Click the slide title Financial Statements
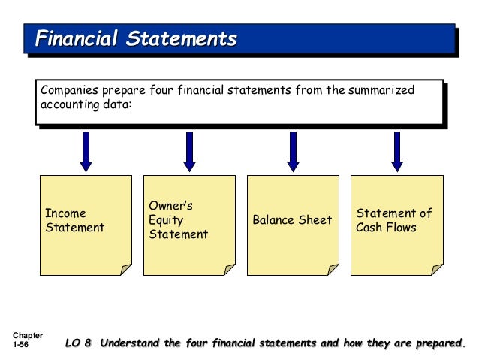point(137,38)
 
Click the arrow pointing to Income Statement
point(86,150)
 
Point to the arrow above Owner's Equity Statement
point(190,150)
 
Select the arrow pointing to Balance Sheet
point(293,150)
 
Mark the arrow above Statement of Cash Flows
point(396,150)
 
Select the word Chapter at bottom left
point(28,335)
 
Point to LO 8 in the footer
point(77,344)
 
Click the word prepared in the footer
point(438,344)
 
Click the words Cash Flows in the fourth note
point(386,227)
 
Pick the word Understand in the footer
point(130,344)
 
